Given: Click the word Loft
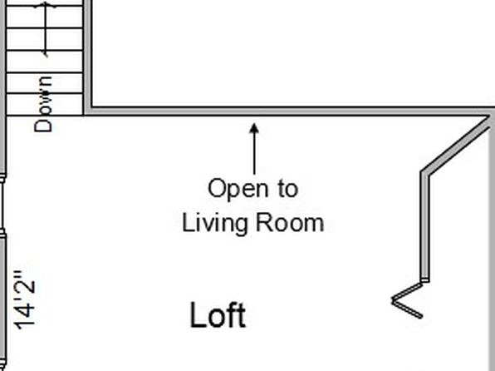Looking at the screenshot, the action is [x=218, y=314].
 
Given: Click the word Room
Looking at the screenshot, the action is [x=290, y=222].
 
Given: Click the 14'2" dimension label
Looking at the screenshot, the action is [x=25, y=299].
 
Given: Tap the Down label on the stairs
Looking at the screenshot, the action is [x=43, y=104].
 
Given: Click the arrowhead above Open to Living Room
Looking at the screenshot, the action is [x=254, y=128].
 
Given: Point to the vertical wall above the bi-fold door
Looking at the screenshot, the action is [x=425, y=226].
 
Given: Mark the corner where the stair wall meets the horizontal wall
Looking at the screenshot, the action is [x=88, y=111].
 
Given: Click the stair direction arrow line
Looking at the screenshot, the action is [x=46, y=29].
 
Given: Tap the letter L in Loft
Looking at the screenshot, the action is [x=197, y=314].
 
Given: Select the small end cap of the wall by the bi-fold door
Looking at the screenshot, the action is [x=425, y=280].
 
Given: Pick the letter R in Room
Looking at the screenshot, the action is [x=263, y=222].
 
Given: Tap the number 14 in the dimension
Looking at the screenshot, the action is [x=25, y=317].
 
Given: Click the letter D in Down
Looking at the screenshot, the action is [x=43, y=126].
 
